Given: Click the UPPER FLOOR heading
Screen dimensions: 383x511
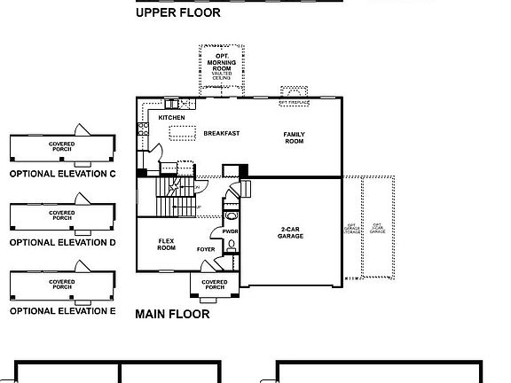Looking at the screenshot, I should [178, 13].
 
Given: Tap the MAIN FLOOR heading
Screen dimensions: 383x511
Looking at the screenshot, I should [172, 314].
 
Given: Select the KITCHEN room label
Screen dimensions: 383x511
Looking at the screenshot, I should [171, 117].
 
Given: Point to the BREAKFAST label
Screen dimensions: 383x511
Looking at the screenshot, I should [222, 133].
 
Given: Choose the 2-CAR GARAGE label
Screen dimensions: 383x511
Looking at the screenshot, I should [291, 232].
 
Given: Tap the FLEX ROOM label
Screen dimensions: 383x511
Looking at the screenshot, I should [166, 244].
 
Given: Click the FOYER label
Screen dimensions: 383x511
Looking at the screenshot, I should [206, 249].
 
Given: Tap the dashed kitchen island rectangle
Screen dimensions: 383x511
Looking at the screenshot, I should [183, 133].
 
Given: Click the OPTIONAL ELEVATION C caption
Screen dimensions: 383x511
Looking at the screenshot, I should [62, 175].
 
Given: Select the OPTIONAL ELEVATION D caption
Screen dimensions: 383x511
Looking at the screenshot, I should [62, 242].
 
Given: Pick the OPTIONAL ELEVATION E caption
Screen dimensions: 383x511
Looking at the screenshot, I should [62, 311].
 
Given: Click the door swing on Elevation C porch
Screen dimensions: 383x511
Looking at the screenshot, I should [81, 129].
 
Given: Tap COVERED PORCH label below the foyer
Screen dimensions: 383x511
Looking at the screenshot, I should [214, 285].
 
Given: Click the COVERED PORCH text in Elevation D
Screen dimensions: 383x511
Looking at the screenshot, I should [62, 215].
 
